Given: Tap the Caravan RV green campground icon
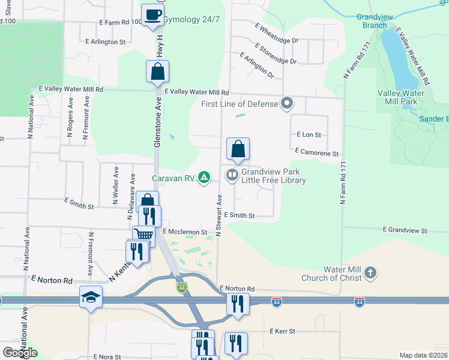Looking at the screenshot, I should click(x=204, y=176).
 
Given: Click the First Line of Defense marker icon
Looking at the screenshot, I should click(x=287, y=103).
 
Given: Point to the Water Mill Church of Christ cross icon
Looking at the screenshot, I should click(x=370, y=273).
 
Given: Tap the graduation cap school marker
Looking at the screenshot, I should click(x=91, y=297).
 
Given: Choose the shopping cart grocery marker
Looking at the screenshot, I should click(x=144, y=235).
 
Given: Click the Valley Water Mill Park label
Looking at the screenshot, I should click(x=402, y=97).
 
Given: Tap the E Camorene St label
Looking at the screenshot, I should click(x=317, y=154).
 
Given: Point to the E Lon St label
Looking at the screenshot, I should click(x=309, y=135).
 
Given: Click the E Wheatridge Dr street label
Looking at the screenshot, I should click(x=276, y=34).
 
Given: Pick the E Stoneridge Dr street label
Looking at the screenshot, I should click(x=276, y=53).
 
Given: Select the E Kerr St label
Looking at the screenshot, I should click(x=282, y=331).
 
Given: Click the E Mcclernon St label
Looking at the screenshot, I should click(x=184, y=232).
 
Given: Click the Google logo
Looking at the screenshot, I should click(x=20, y=353).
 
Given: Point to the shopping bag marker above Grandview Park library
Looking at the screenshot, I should click(x=238, y=149).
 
